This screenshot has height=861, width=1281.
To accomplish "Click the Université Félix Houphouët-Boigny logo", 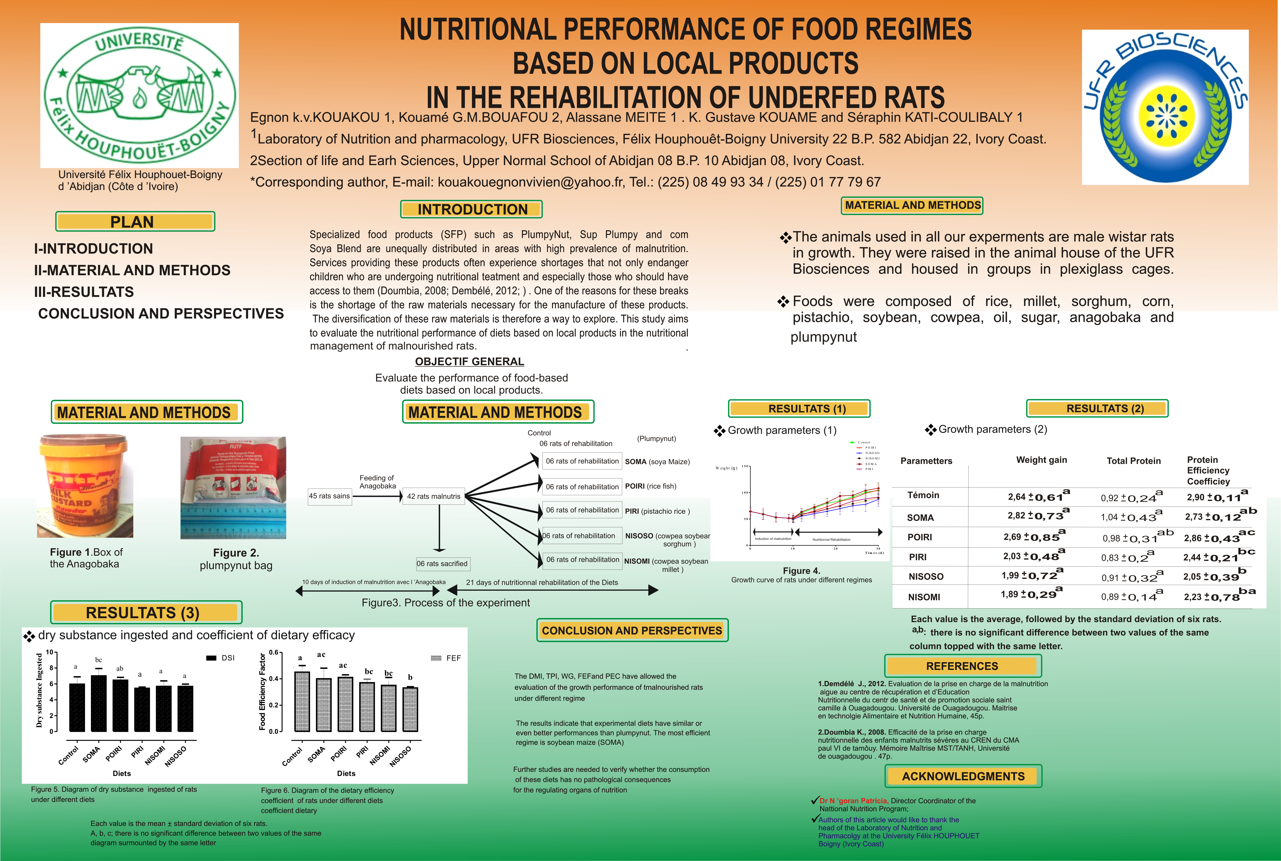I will click(x=140, y=95).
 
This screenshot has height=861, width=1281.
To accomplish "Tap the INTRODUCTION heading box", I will click(x=472, y=209).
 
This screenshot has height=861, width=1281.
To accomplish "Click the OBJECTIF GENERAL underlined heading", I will click(x=470, y=361).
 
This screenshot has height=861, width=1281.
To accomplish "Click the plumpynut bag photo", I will click(x=233, y=488).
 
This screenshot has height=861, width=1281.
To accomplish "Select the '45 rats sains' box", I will click(x=330, y=496).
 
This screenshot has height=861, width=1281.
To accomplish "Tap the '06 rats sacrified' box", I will click(x=442, y=563).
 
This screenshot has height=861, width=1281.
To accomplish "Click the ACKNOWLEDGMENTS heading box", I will click(x=963, y=776).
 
